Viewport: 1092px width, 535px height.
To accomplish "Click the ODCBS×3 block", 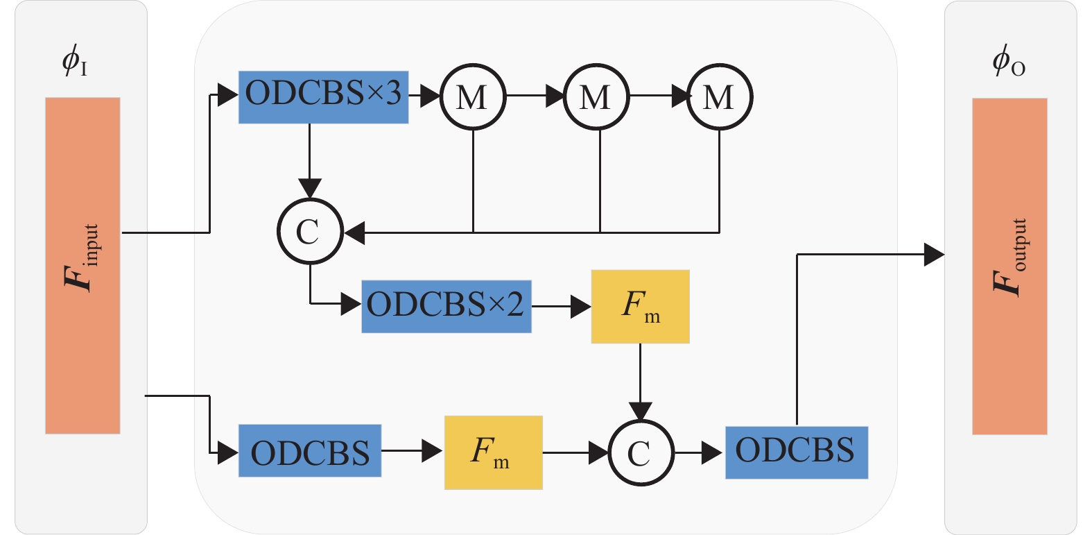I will tap(323, 97).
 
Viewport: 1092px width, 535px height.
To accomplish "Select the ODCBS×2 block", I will tap(446, 306).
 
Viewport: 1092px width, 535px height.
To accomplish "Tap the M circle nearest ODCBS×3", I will tap(473, 96).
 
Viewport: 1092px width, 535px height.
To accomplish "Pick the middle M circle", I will tap(596, 96).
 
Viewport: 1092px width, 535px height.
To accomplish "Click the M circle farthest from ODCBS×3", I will tap(720, 96).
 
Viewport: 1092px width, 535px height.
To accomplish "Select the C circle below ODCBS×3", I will tap(310, 231).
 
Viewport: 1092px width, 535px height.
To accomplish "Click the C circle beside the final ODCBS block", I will tap(641, 452).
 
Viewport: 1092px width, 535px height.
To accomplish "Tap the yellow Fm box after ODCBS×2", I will tap(640, 306).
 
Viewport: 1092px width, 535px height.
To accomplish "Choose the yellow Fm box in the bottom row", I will tap(493, 452).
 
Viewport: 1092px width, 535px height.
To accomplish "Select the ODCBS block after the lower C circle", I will tap(796, 452).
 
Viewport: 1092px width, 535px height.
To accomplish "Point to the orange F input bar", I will tap(83, 265).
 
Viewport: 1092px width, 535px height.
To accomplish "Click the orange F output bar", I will tap(1009, 266).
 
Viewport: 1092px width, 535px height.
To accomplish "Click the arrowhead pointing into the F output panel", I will tap(935, 255).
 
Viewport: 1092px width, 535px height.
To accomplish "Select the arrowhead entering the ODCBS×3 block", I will tap(228, 95).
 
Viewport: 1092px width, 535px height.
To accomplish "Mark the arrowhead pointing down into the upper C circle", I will tap(309, 188).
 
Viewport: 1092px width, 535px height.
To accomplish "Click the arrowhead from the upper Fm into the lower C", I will tap(640, 411).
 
